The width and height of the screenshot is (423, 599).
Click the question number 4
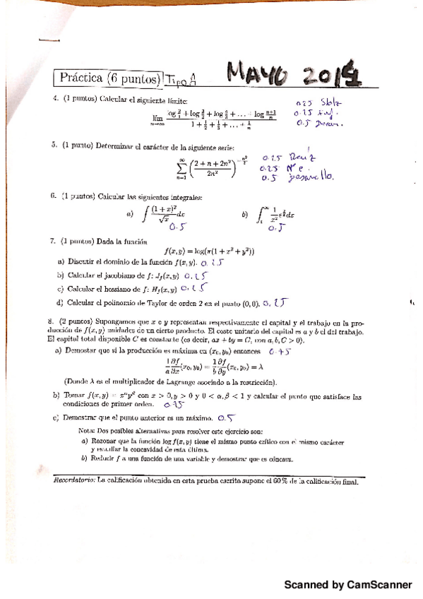(55, 99)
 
